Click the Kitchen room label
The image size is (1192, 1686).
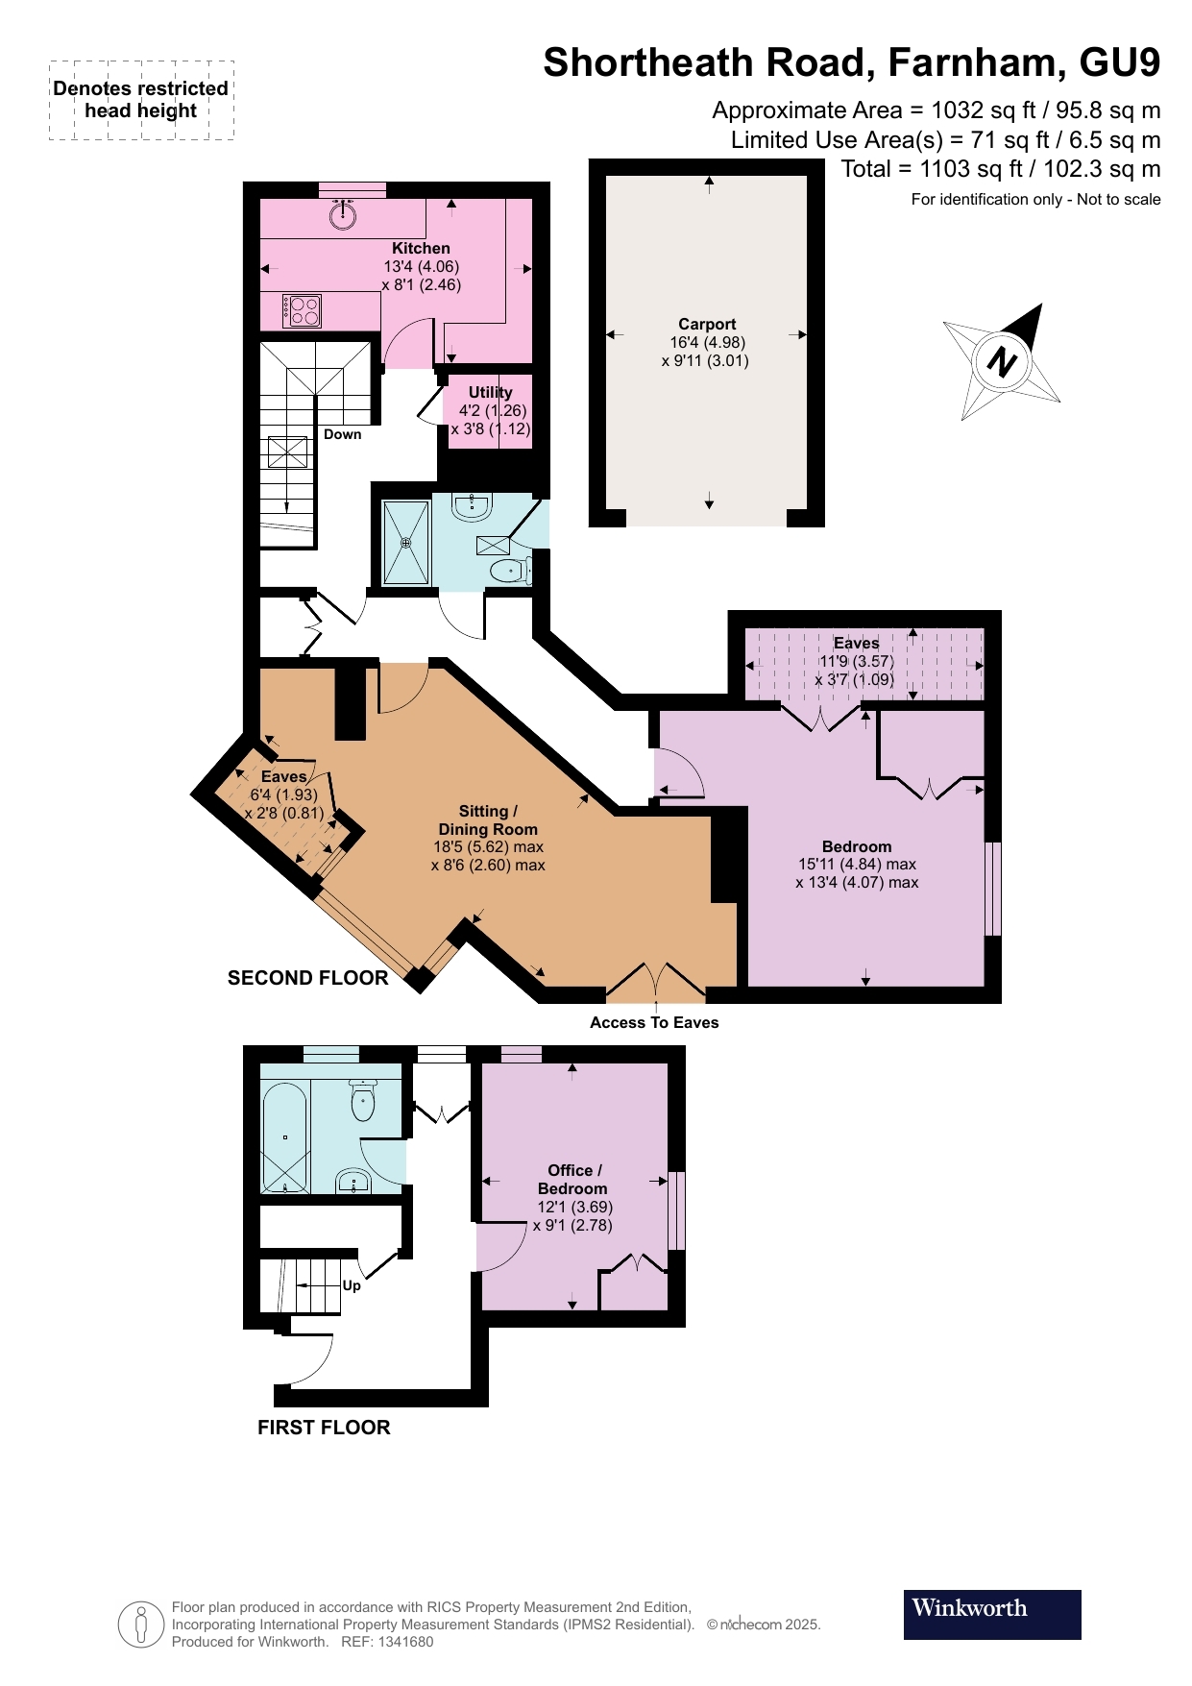[x=421, y=248]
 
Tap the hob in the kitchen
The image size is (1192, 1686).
[x=302, y=311]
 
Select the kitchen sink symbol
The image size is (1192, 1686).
[x=343, y=214]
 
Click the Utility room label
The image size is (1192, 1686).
[x=490, y=392]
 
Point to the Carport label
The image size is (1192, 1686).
[x=707, y=325]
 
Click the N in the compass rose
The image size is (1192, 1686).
[x=1002, y=362]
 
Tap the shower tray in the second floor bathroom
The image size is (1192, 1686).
[x=406, y=543]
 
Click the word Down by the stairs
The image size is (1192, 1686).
[x=342, y=434]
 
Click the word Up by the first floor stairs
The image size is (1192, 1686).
[x=352, y=1285]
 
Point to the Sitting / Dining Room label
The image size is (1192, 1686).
[x=488, y=819]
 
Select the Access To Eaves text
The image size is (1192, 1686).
[x=654, y=1022]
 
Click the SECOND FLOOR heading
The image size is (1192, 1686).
[x=307, y=978]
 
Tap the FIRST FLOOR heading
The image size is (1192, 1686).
[x=324, y=1428]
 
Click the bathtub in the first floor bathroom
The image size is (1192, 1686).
[x=285, y=1138]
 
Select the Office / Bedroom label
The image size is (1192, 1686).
[x=573, y=1179]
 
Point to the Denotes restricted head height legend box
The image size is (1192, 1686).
[x=141, y=100]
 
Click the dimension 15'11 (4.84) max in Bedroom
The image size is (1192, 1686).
[x=857, y=865]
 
